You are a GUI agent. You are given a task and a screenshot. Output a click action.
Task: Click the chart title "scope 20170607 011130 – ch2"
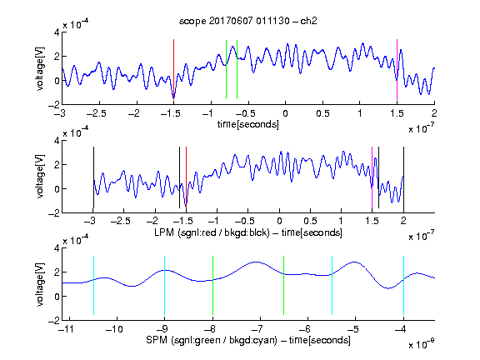coord(248,21)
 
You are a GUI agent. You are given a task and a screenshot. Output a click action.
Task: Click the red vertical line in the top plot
coord(173,69)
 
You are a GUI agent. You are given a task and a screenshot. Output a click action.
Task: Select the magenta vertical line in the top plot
coord(397,69)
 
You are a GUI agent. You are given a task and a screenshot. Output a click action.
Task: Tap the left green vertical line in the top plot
coord(226,69)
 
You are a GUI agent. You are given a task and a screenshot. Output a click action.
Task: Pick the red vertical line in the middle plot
coord(186,177)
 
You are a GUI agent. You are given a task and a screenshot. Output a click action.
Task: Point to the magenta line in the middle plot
coord(372,177)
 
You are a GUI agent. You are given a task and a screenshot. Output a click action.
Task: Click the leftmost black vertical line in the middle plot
coord(93,177)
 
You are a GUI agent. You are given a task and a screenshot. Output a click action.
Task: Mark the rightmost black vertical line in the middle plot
coord(403,177)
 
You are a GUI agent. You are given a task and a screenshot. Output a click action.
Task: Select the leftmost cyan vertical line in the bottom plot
coord(93,285)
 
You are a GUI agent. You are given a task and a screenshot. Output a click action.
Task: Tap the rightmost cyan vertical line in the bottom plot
coord(403,285)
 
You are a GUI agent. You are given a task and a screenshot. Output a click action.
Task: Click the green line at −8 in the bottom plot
coord(212,285)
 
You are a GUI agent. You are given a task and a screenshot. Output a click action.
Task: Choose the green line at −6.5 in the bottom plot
coord(284,285)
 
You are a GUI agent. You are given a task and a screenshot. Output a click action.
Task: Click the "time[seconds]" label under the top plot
coord(248,124)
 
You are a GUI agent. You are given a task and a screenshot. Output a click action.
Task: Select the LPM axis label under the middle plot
coord(248,232)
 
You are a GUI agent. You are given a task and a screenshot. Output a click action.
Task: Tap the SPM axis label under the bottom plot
coord(248,340)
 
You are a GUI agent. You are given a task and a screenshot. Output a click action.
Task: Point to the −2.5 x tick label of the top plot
coord(96,113)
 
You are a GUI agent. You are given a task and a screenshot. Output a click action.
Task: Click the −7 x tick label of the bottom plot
coord(257,329)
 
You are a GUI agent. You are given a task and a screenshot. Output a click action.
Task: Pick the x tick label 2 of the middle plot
coord(403,221)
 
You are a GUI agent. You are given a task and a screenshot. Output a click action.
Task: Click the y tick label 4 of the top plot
coord(57,32)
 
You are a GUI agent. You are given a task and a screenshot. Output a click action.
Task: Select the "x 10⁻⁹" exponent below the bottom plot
coord(421,344)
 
